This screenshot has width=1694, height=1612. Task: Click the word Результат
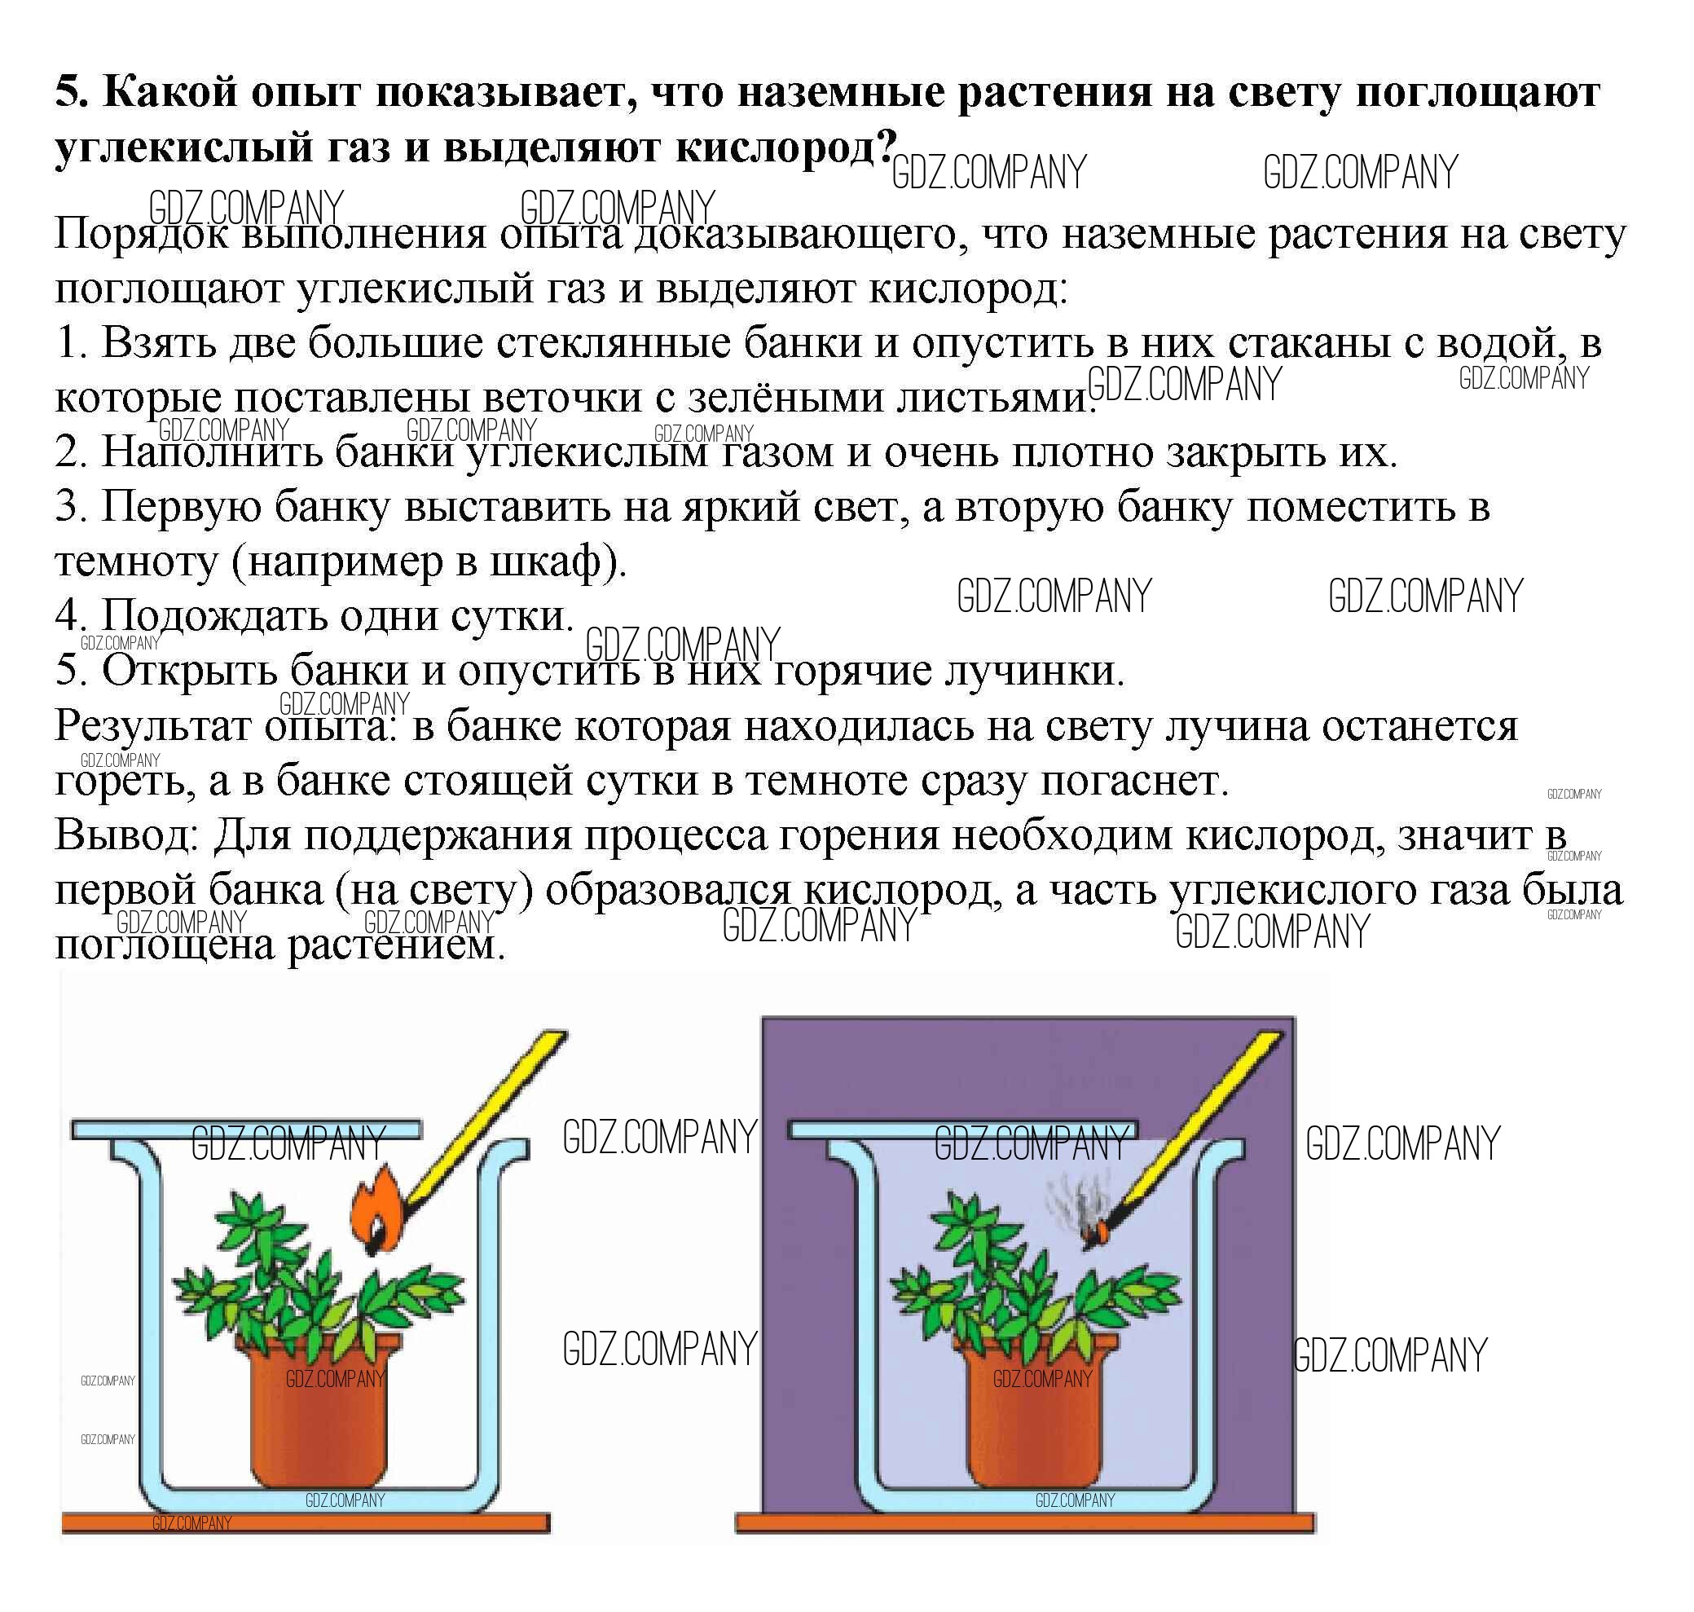coord(155,727)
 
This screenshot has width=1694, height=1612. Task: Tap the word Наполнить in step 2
coord(211,453)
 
